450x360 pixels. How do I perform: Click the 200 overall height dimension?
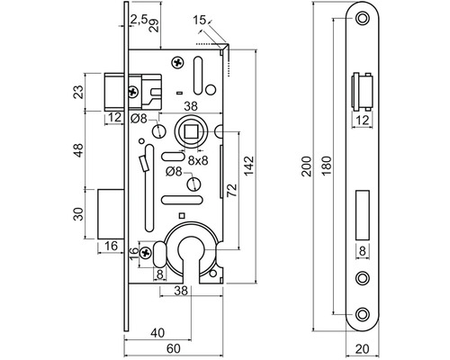[307, 166]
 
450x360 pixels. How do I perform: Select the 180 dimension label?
[327, 166]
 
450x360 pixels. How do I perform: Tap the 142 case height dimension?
[249, 166]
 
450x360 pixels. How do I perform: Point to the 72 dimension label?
[231, 190]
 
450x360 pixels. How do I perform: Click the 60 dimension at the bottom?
[174, 348]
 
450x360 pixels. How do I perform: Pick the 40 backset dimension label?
[157, 333]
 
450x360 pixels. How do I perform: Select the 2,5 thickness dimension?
[139, 20]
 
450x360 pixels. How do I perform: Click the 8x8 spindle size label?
[198, 161]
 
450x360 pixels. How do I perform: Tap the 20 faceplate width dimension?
[363, 349]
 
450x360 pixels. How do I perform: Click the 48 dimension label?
[78, 150]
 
